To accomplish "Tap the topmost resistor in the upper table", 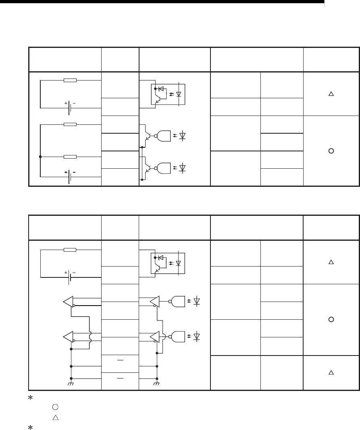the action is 70,80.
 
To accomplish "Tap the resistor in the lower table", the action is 70,249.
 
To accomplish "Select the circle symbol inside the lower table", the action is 331,319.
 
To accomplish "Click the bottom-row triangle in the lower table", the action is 331,373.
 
